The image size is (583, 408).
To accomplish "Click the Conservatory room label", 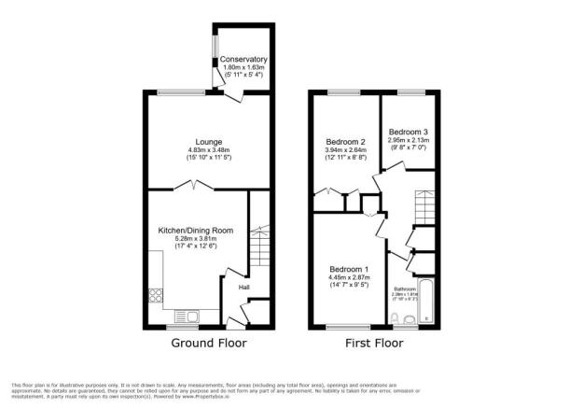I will [243, 60].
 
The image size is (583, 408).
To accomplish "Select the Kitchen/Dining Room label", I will [195, 230].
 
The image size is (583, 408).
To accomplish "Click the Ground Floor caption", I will [209, 344].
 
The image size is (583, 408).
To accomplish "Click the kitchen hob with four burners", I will [153, 301].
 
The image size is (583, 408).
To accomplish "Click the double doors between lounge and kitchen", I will [194, 188].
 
